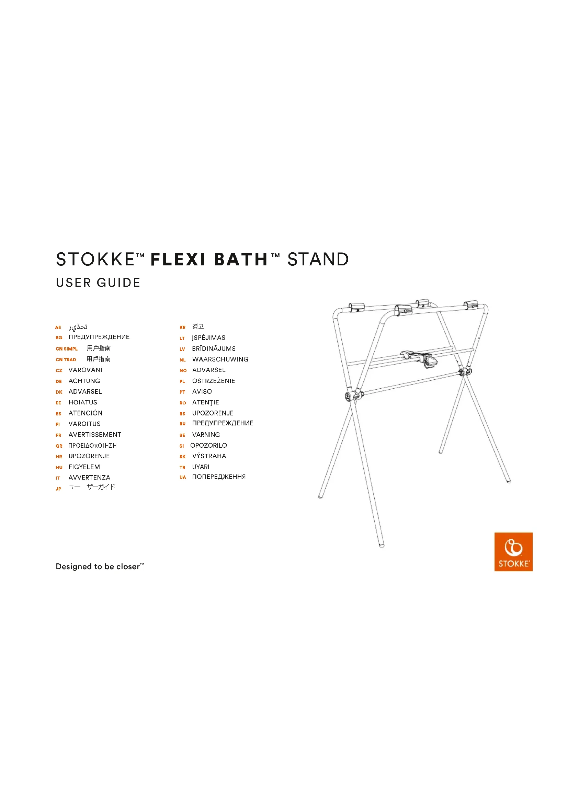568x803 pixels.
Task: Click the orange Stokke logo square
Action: [x=513, y=552]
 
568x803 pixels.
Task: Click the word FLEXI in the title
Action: [x=178, y=260]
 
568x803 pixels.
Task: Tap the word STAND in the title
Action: [x=318, y=260]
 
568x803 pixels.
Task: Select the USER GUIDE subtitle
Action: [x=98, y=283]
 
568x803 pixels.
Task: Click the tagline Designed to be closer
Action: [x=100, y=566]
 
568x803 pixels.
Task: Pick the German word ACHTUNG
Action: [x=84, y=381]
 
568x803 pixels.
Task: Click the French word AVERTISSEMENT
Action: [x=95, y=435]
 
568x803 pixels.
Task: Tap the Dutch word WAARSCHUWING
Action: [x=220, y=359]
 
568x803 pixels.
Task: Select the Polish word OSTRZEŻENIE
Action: [x=214, y=381]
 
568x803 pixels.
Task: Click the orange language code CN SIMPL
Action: [x=67, y=349]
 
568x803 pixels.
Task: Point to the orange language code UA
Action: [x=183, y=478]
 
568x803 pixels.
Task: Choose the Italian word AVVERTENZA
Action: [x=89, y=478]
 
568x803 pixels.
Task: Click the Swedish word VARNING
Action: [x=206, y=435]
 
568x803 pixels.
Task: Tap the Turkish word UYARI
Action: [x=201, y=467]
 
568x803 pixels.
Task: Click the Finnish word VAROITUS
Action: [x=84, y=424]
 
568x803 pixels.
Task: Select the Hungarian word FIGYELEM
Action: [x=84, y=467]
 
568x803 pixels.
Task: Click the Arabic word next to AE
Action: [x=78, y=327]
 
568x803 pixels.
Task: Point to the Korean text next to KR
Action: [x=198, y=326]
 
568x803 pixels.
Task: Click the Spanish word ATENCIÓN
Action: [x=86, y=413]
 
